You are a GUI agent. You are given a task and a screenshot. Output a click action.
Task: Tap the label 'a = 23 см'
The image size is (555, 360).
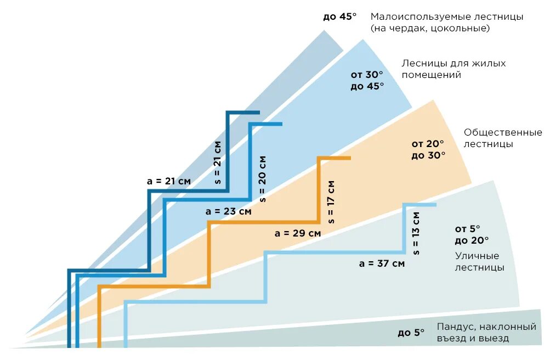coord(229,211)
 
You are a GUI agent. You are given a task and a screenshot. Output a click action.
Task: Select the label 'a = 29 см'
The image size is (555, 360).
coord(298,233)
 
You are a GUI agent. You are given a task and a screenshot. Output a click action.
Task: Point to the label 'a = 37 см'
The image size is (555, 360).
coord(382,263)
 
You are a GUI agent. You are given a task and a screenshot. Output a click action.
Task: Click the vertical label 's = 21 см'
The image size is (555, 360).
coord(218,162)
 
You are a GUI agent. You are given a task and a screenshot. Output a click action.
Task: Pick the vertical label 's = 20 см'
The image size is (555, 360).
coord(263,178)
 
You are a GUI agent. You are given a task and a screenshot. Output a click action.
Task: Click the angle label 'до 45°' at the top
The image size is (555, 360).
coord(340,16)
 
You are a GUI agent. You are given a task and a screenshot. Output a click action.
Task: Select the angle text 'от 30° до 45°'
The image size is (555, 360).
coord(367,80)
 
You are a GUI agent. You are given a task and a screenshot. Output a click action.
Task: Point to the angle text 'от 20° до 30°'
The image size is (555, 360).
coord(428,149)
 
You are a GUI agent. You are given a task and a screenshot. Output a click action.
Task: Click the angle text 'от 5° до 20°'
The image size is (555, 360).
coord(471,234)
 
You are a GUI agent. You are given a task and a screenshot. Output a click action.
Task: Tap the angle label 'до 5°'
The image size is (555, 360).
coord(411,332)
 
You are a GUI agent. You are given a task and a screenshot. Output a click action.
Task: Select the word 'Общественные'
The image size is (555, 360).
coord(503,132)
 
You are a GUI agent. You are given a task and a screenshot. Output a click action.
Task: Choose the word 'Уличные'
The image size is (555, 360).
coord(477,256)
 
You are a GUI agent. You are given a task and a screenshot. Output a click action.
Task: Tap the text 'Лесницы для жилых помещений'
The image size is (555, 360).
coord(454,69)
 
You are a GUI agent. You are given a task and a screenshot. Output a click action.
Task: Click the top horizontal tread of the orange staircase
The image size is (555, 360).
coord(334,159)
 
